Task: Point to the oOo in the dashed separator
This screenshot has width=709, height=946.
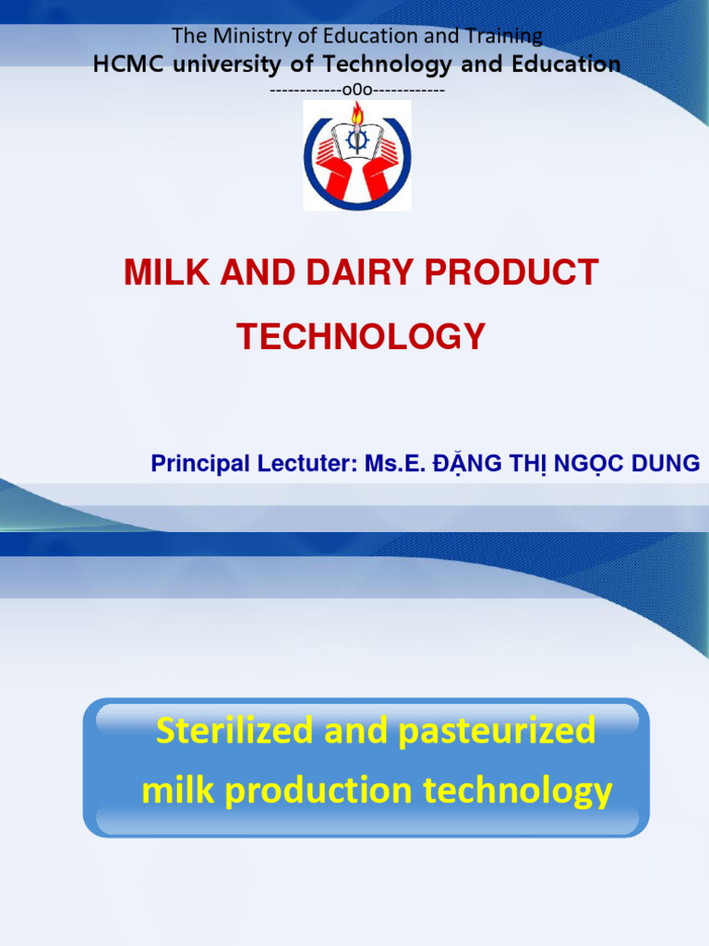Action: pos(356,90)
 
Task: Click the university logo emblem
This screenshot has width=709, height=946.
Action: pos(356,155)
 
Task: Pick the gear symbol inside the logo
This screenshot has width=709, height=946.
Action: pos(356,140)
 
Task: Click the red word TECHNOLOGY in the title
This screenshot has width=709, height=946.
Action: pos(361,337)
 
